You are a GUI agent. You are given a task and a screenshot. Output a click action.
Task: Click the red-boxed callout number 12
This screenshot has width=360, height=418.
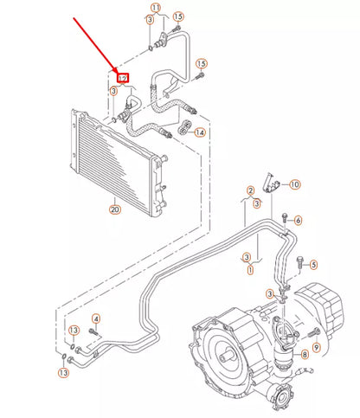coord(123,78)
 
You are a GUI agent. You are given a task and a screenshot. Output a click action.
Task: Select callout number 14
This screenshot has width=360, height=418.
coord(200,132)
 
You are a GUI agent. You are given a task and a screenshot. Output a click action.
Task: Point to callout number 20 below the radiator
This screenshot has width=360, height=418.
coord(114,209)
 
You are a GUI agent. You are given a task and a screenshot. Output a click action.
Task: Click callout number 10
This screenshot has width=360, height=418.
coord(294,184)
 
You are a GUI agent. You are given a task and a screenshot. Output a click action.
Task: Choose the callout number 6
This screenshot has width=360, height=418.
coord(298,221)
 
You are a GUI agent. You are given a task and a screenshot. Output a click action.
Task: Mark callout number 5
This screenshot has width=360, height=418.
coord(314,264)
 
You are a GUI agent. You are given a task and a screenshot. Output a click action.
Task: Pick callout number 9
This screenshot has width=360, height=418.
coord(317,347)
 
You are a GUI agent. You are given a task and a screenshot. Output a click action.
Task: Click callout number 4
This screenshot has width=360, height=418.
coord(96,318)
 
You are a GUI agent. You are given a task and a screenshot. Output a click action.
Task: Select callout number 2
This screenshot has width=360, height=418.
coord(250,190)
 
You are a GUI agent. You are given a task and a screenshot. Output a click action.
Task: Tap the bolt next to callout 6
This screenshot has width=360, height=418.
coord(284,216)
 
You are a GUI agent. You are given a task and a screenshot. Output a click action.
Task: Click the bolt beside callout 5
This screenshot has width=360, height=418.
coord(299,260)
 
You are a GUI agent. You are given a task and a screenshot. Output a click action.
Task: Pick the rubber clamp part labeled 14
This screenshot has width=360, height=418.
coord(184,129)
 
